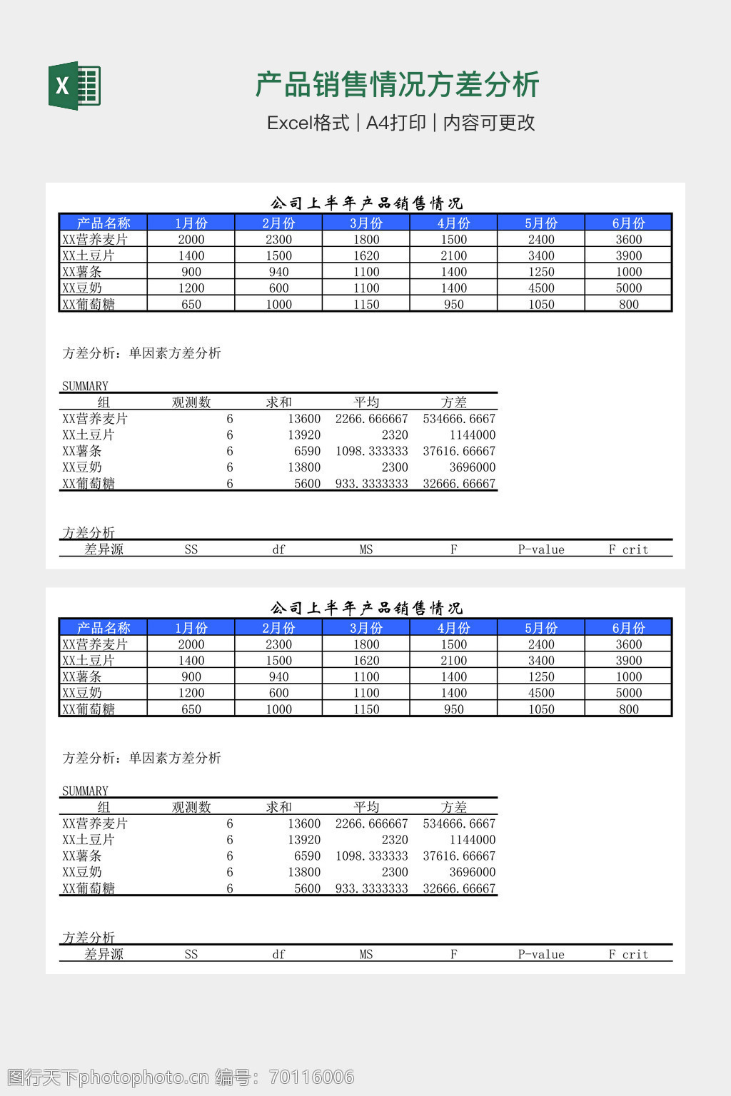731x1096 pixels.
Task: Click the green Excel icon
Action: [x=74, y=86]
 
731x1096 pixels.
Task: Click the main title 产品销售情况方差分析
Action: [x=397, y=84]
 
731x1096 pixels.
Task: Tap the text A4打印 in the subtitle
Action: [x=395, y=123]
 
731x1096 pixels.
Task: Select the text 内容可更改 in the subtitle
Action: [x=489, y=123]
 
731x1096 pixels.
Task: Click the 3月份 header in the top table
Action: [x=366, y=223]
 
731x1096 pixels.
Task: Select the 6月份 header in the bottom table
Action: [x=628, y=628]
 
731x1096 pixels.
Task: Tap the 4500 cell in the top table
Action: [x=541, y=288]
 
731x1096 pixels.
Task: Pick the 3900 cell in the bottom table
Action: [x=628, y=661]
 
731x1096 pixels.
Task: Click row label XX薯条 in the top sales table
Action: [x=82, y=272]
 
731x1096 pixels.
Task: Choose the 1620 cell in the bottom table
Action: [x=366, y=661]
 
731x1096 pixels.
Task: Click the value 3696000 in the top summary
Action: [x=472, y=467]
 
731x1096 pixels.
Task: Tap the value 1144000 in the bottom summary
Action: [x=472, y=840]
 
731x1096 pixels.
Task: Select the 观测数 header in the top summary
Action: [x=191, y=402]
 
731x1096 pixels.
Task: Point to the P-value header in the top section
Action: [x=541, y=549]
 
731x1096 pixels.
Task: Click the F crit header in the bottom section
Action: [x=628, y=955]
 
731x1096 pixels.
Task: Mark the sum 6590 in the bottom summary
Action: [x=307, y=856]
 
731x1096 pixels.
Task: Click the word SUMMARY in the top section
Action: [x=85, y=386]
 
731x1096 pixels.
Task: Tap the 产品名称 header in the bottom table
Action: [x=104, y=628]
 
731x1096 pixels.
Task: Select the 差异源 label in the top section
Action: [x=104, y=549]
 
